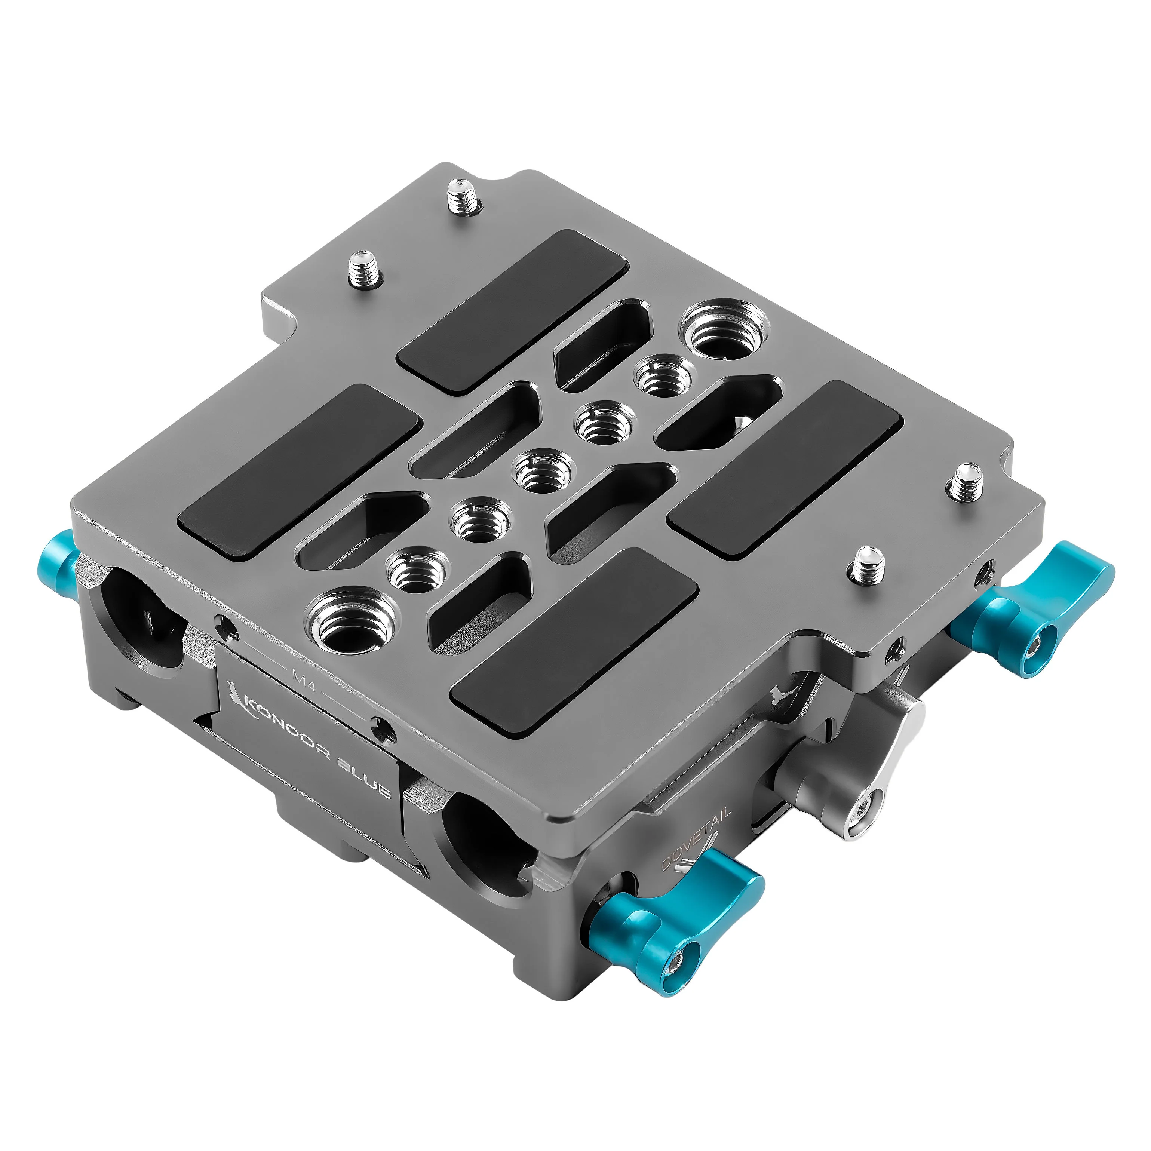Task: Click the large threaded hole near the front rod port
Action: coord(352,623)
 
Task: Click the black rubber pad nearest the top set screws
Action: coord(512,310)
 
